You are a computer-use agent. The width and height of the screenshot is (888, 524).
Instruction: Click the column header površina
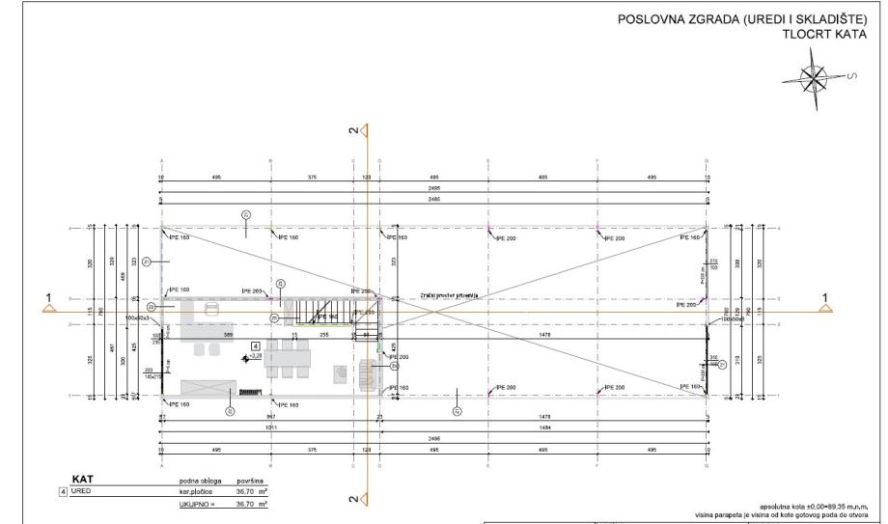pyautogui.click(x=251, y=480)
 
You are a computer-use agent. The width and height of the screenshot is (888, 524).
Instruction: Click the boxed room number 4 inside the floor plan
pyautogui.click(x=255, y=345)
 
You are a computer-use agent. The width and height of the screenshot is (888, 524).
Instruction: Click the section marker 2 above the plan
pyautogui.click(x=354, y=128)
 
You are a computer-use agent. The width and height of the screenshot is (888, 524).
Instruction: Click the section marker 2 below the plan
pyautogui.click(x=354, y=499)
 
